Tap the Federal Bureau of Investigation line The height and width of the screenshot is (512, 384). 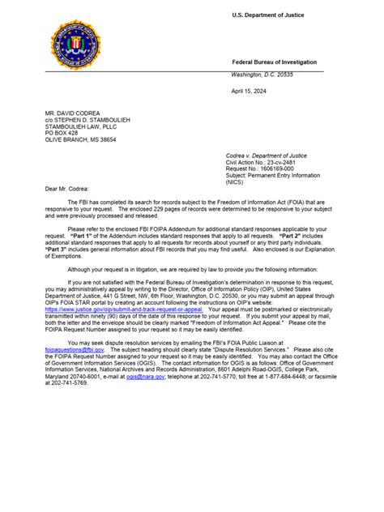point(274,62)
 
